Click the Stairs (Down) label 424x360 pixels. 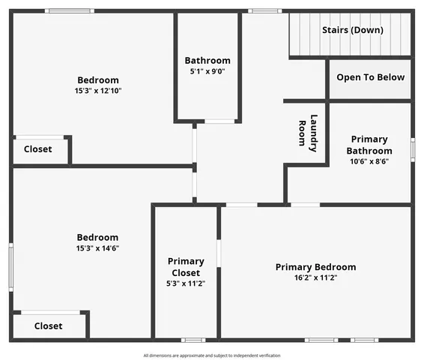[352, 30]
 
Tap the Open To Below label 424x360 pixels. [370, 77]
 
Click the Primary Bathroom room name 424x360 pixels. [369, 145]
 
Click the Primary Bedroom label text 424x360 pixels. [315, 267]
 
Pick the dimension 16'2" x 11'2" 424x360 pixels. [315, 278]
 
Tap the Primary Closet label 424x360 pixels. [185, 267]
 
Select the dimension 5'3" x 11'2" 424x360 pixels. [185, 284]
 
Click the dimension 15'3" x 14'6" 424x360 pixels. [97, 248]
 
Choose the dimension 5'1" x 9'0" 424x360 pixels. [208, 72]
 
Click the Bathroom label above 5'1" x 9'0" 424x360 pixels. [208, 61]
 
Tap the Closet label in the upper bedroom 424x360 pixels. [38, 149]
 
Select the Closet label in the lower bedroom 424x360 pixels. [48, 326]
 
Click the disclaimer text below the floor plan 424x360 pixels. [212, 355]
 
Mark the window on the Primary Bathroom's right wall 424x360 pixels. [412, 148]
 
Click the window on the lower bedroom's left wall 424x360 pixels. [10, 266]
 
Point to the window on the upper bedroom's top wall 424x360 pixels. [69, 11]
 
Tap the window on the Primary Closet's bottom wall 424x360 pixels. [193, 340]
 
